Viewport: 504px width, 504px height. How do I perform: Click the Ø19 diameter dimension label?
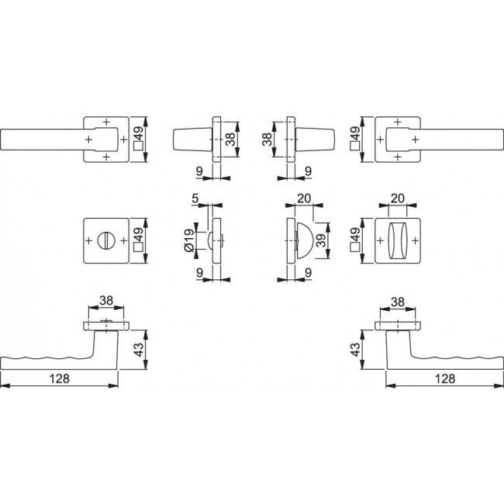(x=189, y=240)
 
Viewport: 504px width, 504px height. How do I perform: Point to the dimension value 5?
(x=195, y=198)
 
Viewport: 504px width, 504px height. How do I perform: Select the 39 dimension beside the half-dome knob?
(x=320, y=240)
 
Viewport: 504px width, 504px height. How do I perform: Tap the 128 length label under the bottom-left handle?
(x=60, y=378)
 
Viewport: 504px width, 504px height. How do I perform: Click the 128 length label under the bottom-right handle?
(x=445, y=378)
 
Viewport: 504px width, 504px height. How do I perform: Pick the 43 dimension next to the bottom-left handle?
(x=139, y=350)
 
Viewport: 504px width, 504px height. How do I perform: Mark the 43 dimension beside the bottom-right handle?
(x=355, y=350)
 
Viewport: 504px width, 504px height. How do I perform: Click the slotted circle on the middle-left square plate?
(x=106, y=240)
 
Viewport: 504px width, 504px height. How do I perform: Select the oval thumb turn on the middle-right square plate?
(x=398, y=240)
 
